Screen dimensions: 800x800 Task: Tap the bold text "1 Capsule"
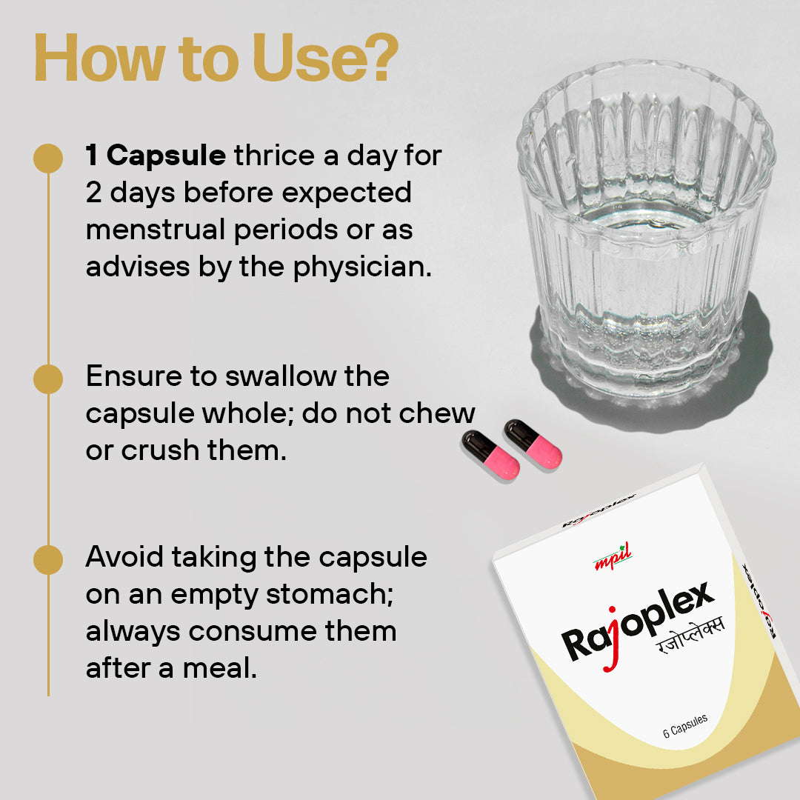156,156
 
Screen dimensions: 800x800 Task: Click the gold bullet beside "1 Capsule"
48,158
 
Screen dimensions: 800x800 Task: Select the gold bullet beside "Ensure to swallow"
48,379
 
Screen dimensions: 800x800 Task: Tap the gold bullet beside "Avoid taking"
48,559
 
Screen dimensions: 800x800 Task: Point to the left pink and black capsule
491,455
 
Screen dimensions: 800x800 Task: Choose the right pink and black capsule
533,444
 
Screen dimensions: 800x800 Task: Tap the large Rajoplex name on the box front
637,622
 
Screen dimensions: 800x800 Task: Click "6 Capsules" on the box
685,725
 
